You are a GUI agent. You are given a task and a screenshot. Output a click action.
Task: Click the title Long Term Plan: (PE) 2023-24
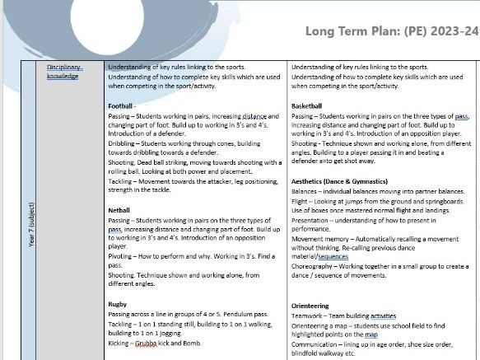pyautogui.click(x=391, y=31)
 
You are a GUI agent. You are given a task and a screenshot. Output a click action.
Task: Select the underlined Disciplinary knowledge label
pyautogui.click(x=63, y=71)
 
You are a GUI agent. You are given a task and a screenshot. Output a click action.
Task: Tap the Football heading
pyautogui.click(x=123, y=106)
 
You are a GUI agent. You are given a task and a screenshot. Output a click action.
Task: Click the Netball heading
pyautogui.click(x=119, y=210)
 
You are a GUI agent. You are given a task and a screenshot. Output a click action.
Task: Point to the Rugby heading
pyautogui.click(x=118, y=304)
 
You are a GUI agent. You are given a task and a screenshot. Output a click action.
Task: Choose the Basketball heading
pyautogui.click(x=307, y=106)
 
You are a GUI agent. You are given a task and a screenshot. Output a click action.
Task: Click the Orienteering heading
pyautogui.click(x=311, y=304)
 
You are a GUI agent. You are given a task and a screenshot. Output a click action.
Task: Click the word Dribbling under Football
pyautogui.click(x=123, y=143)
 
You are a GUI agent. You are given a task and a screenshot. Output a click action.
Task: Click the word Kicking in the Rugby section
pyautogui.click(x=120, y=344)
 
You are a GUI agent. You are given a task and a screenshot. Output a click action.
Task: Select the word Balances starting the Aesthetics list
pyautogui.click(x=307, y=190)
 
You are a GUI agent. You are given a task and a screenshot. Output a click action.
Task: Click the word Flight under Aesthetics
pyautogui.click(x=301, y=202)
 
